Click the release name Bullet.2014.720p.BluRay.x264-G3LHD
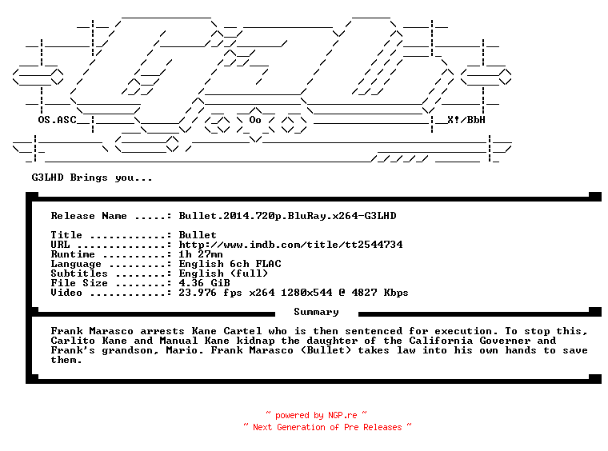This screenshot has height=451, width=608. pos(287,216)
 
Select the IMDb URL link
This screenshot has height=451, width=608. pos(290,245)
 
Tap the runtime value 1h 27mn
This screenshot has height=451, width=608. pos(201,254)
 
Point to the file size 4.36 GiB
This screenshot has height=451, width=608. pos(204,283)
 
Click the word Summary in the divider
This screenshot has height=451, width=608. pos(316,313)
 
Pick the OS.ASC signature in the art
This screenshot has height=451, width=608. pos(57,120)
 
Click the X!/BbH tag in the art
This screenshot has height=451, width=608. pos(466,120)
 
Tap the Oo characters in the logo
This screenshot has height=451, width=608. pos(255,120)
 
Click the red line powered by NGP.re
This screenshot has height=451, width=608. pos(316,415)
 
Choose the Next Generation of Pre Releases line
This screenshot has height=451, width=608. pos(327,427)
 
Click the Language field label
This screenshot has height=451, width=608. pos(76,264)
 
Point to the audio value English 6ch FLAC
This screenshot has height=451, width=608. pos(230,264)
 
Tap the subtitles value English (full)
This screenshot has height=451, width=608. pos(223,273)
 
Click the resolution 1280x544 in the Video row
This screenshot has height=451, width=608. pos(306,293)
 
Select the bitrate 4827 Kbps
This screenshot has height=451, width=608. pos(380,293)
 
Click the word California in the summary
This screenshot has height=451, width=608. pos(441,341)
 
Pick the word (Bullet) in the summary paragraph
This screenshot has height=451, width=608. pos(326,350)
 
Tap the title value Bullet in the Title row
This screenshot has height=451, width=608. pos(198,235)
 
